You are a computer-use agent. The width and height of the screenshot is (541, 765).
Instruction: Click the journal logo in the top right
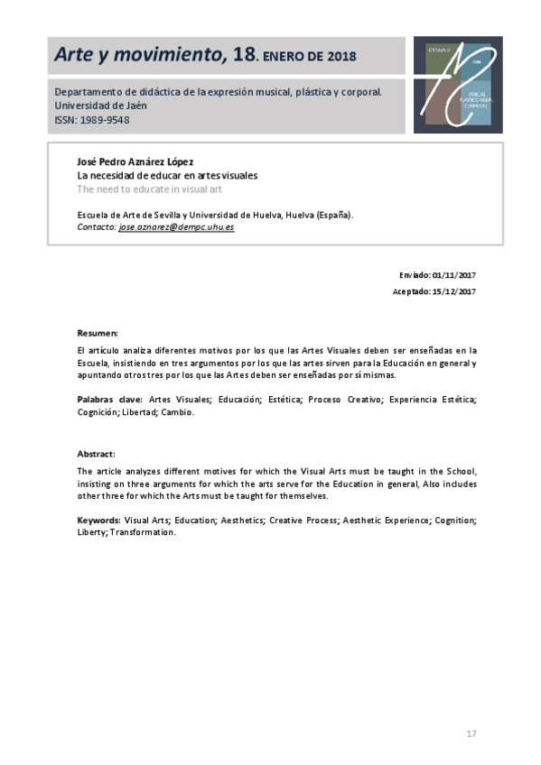[457, 85]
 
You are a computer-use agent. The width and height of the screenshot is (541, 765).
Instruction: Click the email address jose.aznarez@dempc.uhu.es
[176, 228]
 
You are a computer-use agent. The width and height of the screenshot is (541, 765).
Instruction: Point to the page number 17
[471, 733]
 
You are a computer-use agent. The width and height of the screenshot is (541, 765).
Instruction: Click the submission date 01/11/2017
[453, 274]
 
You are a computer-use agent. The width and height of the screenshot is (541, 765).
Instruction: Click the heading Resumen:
[98, 333]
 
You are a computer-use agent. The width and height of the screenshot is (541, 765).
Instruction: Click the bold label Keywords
[98, 520]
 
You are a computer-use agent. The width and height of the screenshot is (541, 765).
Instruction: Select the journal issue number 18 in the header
[243, 56]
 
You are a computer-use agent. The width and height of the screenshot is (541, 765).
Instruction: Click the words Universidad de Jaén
[100, 106]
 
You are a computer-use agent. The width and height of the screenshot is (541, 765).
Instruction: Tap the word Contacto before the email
[97, 228]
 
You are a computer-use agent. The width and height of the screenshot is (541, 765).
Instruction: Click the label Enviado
[414, 274]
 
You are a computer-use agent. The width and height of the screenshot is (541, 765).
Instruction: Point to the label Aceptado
[410, 291]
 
